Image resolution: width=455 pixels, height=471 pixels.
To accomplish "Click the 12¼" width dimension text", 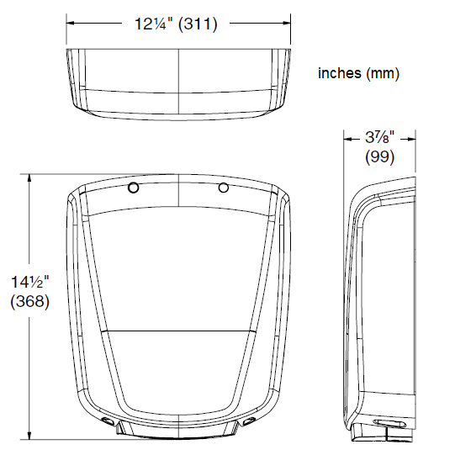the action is click(x=154, y=24).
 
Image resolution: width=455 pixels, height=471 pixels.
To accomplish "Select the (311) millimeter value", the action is click(x=198, y=24).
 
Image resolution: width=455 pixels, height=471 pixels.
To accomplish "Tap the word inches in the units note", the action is click(x=340, y=73).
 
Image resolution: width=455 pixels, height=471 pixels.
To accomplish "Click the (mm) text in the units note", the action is click(x=383, y=74).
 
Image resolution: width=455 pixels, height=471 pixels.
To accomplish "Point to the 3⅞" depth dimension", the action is click(x=379, y=138).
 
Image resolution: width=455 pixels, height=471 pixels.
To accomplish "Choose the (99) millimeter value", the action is click(x=379, y=156).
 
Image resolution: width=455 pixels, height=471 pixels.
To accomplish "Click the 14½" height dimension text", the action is click(x=29, y=282).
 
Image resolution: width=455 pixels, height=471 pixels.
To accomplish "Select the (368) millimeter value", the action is click(x=29, y=301).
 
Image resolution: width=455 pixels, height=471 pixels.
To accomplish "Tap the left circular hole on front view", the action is click(x=134, y=188).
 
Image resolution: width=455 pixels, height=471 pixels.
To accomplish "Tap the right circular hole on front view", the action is click(x=223, y=188).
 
